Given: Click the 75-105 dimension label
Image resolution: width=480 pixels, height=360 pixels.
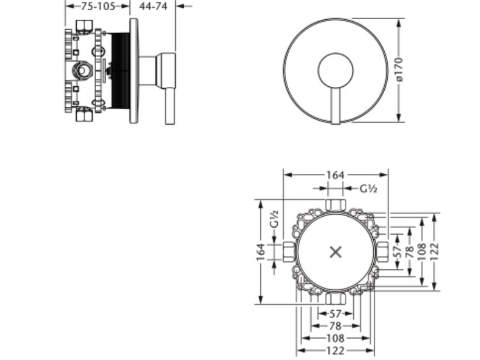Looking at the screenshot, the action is pyautogui.click(x=98, y=6).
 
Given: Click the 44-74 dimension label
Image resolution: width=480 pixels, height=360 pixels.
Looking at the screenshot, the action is pyautogui.click(x=153, y=6).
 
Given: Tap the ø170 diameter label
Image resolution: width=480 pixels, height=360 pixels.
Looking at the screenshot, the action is pyautogui.click(x=399, y=70).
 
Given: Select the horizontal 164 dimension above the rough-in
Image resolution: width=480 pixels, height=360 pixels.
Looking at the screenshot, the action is pyautogui.click(x=335, y=175).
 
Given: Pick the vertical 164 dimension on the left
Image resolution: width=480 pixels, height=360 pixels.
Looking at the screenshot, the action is pyautogui.click(x=260, y=253).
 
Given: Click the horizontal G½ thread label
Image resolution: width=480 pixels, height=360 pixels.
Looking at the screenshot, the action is pyautogui.click(x=368, y=189).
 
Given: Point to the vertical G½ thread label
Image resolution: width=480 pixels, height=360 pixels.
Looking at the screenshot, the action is pyautogui.click(x=275, y=219).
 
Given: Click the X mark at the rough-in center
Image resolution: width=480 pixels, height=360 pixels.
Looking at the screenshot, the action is pyautogui.click(x=336, y=253).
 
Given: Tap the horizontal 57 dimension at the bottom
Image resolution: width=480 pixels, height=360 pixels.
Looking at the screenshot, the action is pyautogui.click(x=335, y=314).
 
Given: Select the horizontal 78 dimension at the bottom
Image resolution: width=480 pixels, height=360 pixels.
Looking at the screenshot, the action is pyautogui.click(x=335, y=326).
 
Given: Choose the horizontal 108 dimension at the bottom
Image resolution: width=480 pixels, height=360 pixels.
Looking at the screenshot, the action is pyautogui.click(x=335, y=338).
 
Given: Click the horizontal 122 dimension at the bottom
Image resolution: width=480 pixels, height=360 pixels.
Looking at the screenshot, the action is pyautogui.click(x=335, y=350).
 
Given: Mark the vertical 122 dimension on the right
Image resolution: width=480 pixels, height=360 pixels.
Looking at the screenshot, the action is pyautogui.click(x=435, y=252).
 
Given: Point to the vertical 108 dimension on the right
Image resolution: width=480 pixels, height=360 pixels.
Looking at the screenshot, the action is pyautogui.click(x=422, y=252).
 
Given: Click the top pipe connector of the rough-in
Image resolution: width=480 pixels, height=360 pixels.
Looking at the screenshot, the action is pyautogui.click(x=335, y=205).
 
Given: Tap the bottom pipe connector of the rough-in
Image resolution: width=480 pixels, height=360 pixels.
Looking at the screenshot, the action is pyautogui.click(x=335, y=298).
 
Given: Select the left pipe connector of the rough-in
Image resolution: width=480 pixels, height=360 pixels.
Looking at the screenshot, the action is pyautogui.click(x=289, y=252).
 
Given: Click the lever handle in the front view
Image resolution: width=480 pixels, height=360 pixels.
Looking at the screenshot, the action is pyautogui.click(x=335, y=106).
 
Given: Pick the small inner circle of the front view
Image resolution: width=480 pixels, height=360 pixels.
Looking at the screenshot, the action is pyautogui.click(x=335, y=70).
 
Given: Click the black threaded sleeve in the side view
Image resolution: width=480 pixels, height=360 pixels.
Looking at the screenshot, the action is pyautogui.click(x=121, y=70).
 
